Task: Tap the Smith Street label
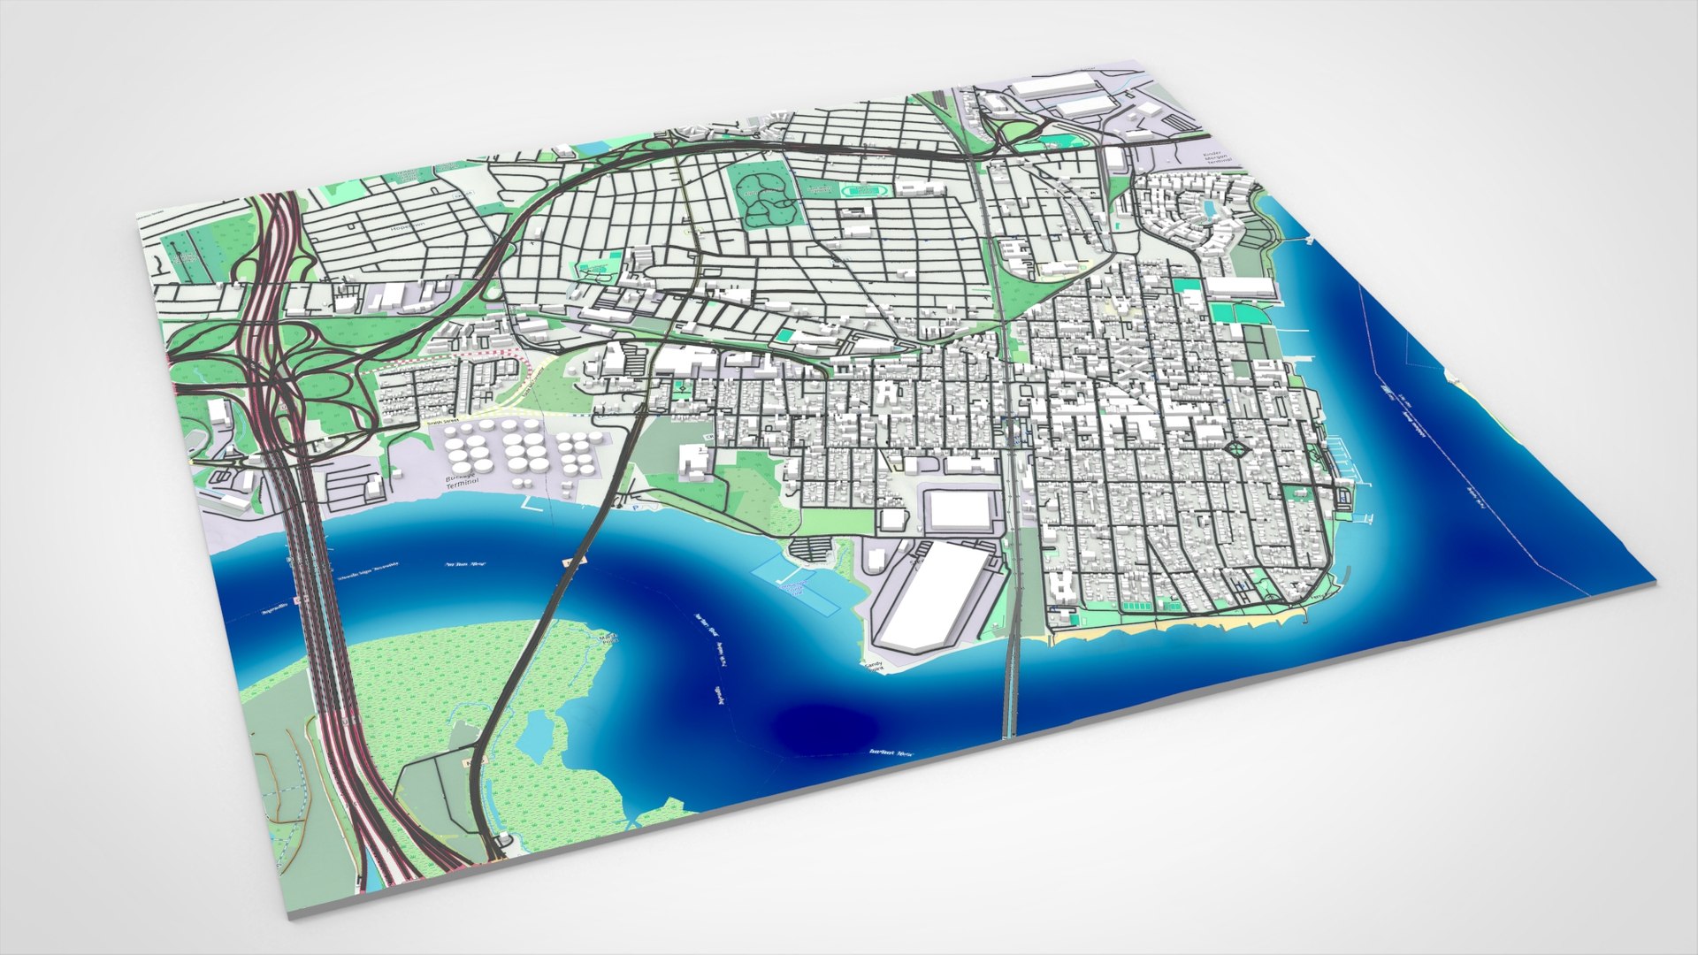(x=444, y=422)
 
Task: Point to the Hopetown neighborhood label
(x=408, y=225)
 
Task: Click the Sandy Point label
(x=873, y=666)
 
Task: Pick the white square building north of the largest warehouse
(x=960, y=510)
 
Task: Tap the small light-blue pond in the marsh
(x=537, y=733)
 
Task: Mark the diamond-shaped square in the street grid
(x=1237, y=451)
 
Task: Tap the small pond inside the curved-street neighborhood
(x=1207, y=209)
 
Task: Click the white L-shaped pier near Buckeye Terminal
(x=534, y=505)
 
